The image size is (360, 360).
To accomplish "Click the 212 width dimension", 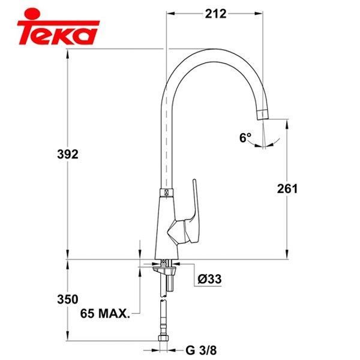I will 214,13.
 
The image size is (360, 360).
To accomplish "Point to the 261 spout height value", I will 287,188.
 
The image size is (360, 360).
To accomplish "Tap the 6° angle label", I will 245,138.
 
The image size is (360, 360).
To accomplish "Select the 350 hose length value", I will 70,298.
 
